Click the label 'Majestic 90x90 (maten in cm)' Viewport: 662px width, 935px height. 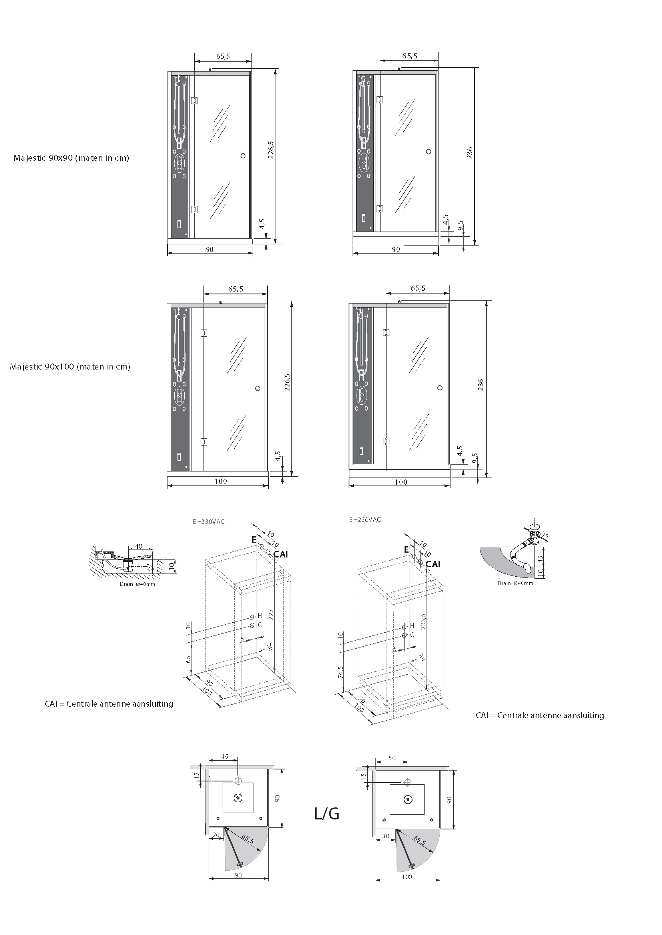tap(71, 158)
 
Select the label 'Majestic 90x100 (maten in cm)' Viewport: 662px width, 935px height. tap(70, 367)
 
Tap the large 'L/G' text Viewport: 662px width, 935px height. tap(327, 814)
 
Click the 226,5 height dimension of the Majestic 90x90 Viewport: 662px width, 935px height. tap(271, 150)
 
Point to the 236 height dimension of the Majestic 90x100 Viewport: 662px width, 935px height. tap(480, 385)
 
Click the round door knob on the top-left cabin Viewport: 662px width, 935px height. tap(243, 155)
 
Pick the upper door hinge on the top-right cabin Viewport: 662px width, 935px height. tap(379, 100)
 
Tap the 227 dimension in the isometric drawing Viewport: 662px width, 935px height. tap(271, 615)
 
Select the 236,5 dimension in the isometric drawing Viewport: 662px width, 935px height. tap(423, 621)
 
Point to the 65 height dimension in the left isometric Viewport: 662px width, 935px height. tap(189, 659)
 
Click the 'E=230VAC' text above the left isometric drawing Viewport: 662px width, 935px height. tap(209, 521)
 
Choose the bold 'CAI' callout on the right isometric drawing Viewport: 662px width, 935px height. tap(433, 564)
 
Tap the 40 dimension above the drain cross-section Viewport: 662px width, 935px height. tap(139, 546)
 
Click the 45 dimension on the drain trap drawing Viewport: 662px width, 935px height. tap(540, 559)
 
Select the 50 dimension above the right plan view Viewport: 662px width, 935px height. tap(392, 758)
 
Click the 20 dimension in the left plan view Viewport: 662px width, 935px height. tap(215, 835)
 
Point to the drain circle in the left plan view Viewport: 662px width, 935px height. tap(237, 798)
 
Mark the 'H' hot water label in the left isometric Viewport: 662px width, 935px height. tap(260, 615)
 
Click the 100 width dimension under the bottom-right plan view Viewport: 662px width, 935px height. tap(407, 877)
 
